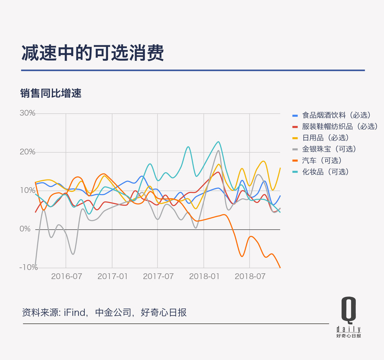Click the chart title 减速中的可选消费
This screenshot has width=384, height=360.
(93, 53)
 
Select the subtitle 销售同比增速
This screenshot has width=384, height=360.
(51, 93)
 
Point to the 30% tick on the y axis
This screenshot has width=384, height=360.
(27, 113)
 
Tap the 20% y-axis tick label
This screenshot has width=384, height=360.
(27, 152)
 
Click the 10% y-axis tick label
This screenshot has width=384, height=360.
(27, 190)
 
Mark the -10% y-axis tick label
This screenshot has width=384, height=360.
(28, 268)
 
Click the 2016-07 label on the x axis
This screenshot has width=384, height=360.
(66, 276)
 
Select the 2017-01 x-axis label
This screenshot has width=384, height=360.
(112, 276)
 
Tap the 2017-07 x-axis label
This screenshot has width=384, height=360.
(158, 276)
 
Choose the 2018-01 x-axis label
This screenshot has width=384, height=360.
(204, 276)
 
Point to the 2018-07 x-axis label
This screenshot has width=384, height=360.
(250, 276)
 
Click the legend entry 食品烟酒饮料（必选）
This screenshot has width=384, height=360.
(336, 115)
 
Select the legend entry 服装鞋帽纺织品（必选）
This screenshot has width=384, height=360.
(340, 127)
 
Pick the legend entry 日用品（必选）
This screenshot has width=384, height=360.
(325, 138)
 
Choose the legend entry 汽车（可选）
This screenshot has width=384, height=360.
(322, 160)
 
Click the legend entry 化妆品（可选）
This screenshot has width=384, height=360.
(325, 172)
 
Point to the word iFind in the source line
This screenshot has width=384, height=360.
(75, 313)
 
